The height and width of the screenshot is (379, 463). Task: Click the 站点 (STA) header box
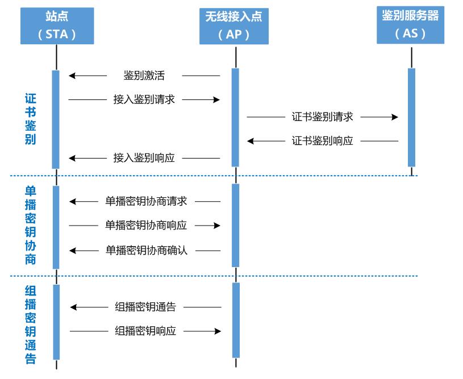pyautogui.click(x=57, y=26)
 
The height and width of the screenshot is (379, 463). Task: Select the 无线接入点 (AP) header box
pyautogui.click(x=233, y=26)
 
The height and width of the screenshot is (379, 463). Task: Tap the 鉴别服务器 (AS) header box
pyautogui.click(x=410, y=25)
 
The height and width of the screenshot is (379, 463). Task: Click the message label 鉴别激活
pyautogui.click(x=144, y=75)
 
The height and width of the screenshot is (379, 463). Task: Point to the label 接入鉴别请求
pyautogui.click(x=144, y=99)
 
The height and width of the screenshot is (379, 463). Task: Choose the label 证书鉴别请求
pyautogui.click(x=322, y=116)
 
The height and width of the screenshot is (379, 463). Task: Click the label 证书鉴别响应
pyautogui.click(x=322, y=141)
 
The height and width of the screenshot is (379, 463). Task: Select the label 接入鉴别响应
pyautogui.click(x=144, y=158)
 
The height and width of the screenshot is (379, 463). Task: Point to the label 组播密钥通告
pyautogui.click(x=145, y=307)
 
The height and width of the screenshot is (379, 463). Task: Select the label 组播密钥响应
pyautogui.click(x=145, y=331)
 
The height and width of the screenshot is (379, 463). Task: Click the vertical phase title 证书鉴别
pyautogui.click(x=31, y=119)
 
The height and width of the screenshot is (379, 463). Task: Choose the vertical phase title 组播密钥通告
pyautogui.click(x=31, y=324)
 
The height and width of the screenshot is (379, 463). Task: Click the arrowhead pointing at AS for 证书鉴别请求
pyautogui.click(x=395, y=116)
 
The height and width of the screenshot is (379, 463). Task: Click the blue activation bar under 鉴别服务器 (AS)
pyautogui.click(x=411, y=117)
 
